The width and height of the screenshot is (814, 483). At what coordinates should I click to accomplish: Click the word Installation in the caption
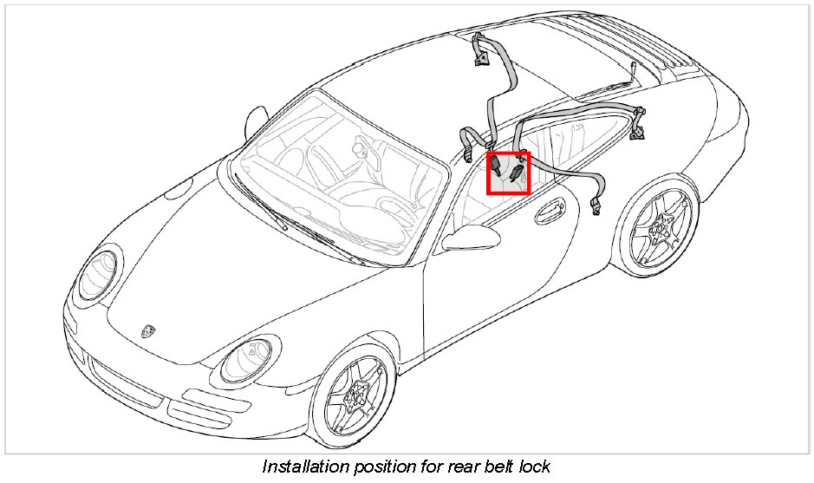(x=303, y=467)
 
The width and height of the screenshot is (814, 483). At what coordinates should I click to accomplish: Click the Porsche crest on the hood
(x=147, y=332)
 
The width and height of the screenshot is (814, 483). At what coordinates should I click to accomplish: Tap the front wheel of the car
(x=354, y=401)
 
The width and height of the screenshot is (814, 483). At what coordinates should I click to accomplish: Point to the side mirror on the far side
(x=257, y=121)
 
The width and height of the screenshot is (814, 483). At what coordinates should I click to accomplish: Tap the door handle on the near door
(x=551, y=207)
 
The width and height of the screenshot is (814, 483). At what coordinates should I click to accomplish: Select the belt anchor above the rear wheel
(x=640, y=121)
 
